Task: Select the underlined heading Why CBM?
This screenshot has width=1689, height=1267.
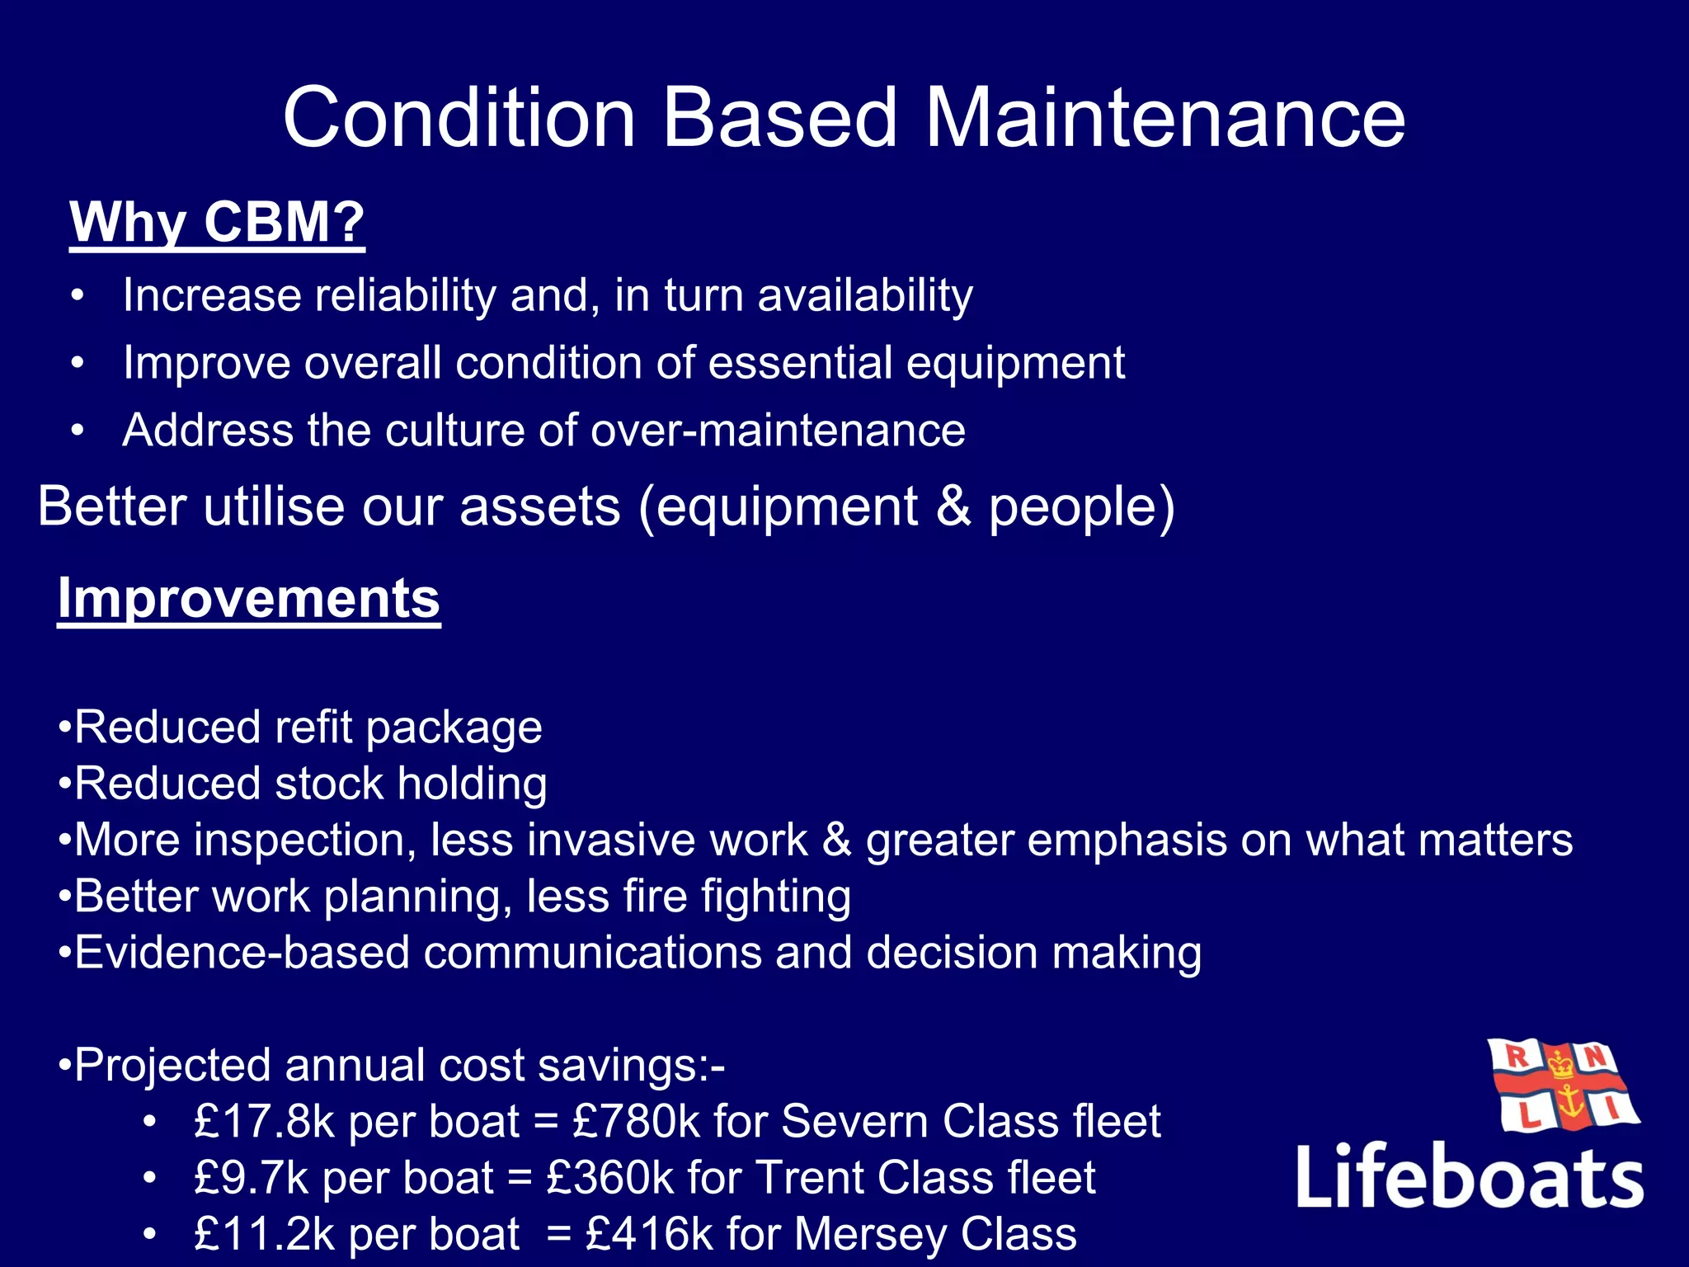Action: [x=217, y=222]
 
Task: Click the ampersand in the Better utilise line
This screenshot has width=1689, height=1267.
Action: [x=953, y=506]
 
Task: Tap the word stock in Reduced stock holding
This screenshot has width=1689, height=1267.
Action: [x=329, y=784]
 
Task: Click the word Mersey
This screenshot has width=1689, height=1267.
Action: [x=870, y=1235]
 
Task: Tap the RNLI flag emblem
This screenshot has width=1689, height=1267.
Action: [x=1563, y=1087]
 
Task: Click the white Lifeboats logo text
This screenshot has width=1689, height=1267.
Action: [x=1469, y=1177]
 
